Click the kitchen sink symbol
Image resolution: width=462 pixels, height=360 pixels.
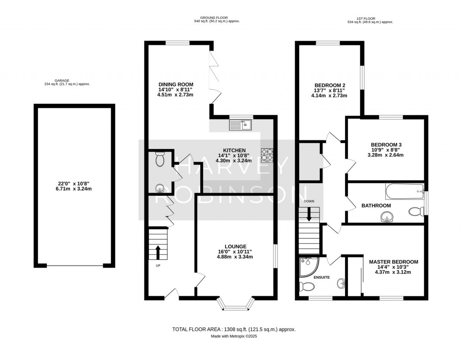242,125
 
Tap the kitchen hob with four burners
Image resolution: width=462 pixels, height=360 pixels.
266,155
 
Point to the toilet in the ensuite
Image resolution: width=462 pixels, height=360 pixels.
307,286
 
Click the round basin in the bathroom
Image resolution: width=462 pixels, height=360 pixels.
386,218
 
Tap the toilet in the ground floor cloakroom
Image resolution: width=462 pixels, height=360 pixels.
160,159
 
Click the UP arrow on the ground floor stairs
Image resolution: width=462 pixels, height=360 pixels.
158,252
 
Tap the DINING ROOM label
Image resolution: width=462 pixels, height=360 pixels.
176,84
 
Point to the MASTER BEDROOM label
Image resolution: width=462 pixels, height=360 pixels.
393,262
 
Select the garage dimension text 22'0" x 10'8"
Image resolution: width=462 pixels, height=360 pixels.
74,184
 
